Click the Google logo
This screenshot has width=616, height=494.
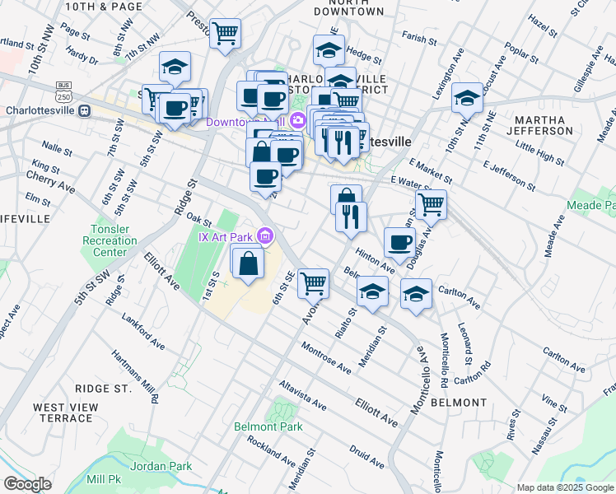pos(27,484)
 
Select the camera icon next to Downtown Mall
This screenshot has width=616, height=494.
pos(296,122)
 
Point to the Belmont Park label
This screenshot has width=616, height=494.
pos(268,426)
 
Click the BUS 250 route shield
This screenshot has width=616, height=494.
pos(63,90)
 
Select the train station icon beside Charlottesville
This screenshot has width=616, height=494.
pos(84,110)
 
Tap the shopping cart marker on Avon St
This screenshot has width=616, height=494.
pos(313,283)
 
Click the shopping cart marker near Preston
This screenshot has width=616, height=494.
pos(225,34)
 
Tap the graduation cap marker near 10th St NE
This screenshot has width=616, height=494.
pos(467,99)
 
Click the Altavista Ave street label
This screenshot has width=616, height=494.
pos(304,395)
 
